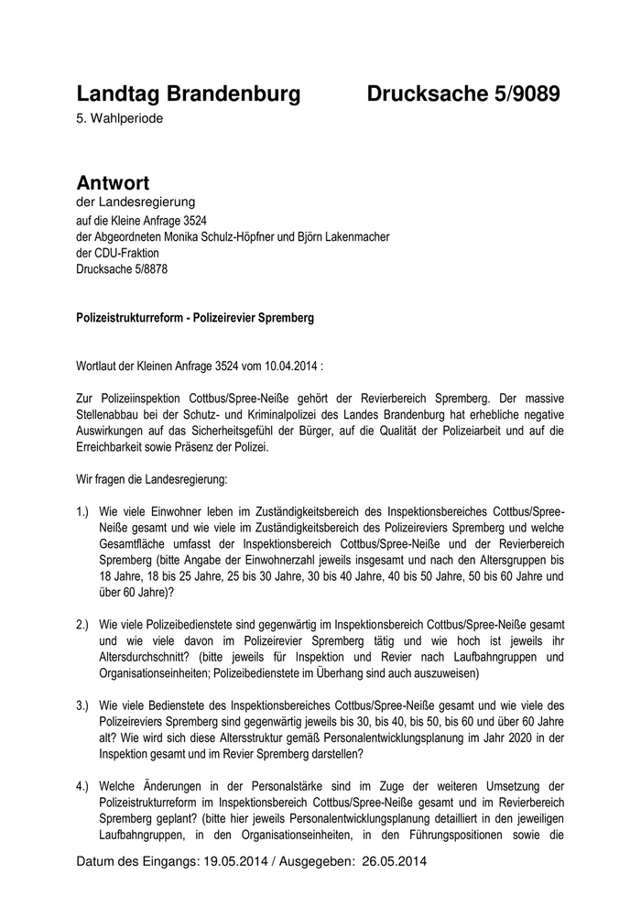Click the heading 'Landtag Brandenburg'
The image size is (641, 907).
pyautogui.click(x=188, y=93)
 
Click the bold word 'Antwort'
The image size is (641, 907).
pyautogui.click(x=113, y=182)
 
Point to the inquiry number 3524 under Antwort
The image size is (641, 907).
pyautogui.click(x=190, y=220)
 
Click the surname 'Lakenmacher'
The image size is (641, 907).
pyautogui.click(x=359, y=236)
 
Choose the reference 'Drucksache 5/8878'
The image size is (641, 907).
pyautogui.click(x=122, y=269)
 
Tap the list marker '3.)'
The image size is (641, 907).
pyautogui.click(x=84, y=705)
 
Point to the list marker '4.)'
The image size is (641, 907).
pyautogui.click(x=84, y=786)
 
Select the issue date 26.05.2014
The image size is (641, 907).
pyautogui.click(x=395, y=862)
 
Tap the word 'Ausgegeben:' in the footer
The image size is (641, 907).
pyautogui.click(x=313, y=862)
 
